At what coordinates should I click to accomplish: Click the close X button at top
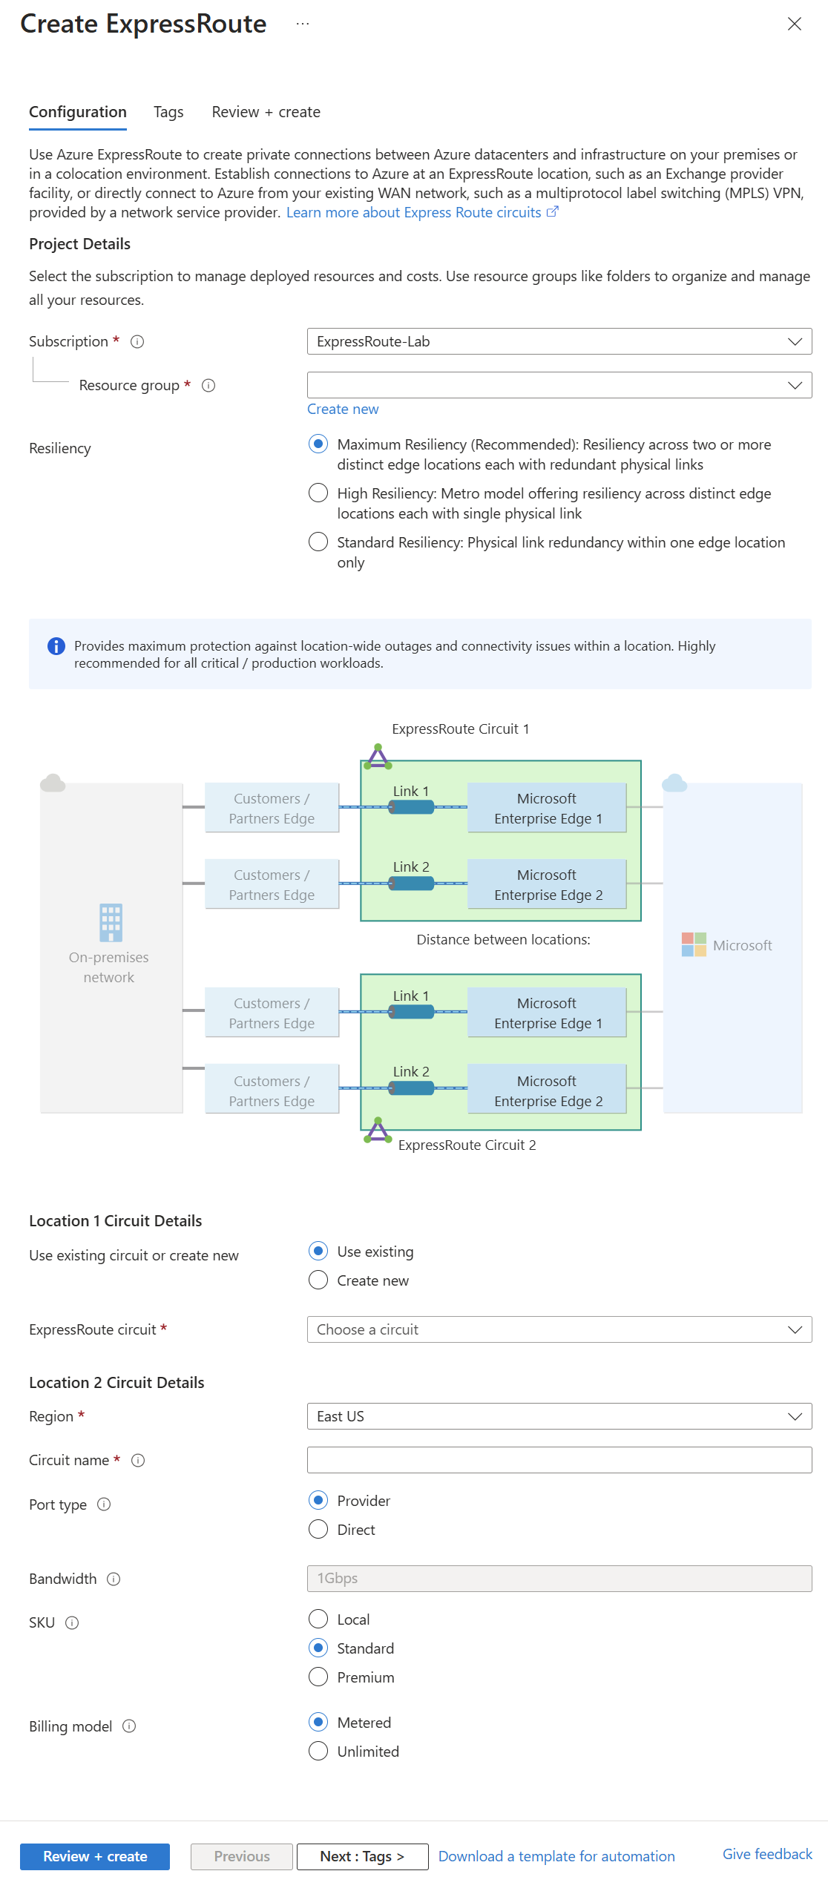tap(794, 24)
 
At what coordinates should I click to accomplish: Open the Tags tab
tap(168, 112)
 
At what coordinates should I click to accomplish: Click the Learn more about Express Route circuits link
tap(414, 213)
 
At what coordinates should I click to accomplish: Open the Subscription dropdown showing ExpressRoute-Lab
tap(559, 341)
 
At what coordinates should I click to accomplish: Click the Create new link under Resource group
tap(343, 410)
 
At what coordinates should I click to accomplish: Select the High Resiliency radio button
tap(318, 493)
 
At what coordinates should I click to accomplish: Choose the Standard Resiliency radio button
tap(318, 542)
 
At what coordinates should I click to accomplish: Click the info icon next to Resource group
tap(208, 386)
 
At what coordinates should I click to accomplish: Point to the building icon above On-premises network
tap(111, 922)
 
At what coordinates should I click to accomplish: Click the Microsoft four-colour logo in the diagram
tap(694, 945)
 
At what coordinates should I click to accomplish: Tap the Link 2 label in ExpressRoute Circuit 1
tap(411, 867)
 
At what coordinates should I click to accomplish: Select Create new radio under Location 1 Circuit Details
tap(318, 1280)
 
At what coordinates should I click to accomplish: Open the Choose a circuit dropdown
tap(559, 1329)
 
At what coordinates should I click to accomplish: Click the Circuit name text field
tap(559, 1460)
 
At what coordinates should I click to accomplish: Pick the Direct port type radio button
tap(318, 1530)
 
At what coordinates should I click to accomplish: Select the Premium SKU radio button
tap(318, 1677)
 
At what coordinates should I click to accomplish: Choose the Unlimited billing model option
tap(318, 1752)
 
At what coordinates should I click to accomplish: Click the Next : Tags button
tap(362, 1857)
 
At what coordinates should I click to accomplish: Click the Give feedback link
tap(767, 1855)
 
